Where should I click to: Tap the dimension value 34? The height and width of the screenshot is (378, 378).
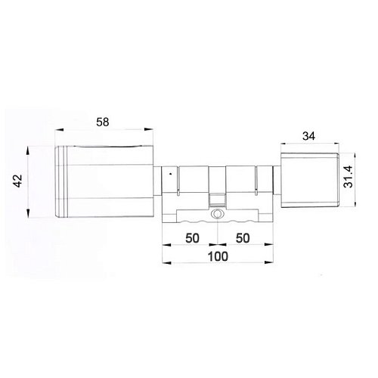point(308,136)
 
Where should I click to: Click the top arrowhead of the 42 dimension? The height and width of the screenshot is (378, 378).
point(28,148)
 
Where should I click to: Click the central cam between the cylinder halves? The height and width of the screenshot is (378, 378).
point(217,198)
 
